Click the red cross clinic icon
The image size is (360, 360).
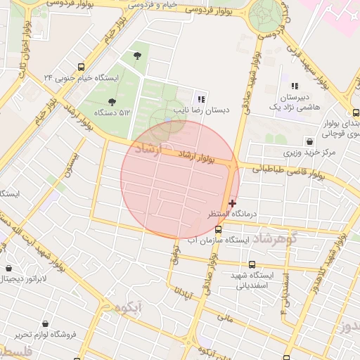pos(233,203)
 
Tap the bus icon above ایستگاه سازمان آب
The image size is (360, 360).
pos(218,229)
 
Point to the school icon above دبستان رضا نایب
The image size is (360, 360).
pos(201,99)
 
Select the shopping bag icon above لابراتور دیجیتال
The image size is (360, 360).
pos(8,268)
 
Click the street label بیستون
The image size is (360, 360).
pos(74,165)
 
